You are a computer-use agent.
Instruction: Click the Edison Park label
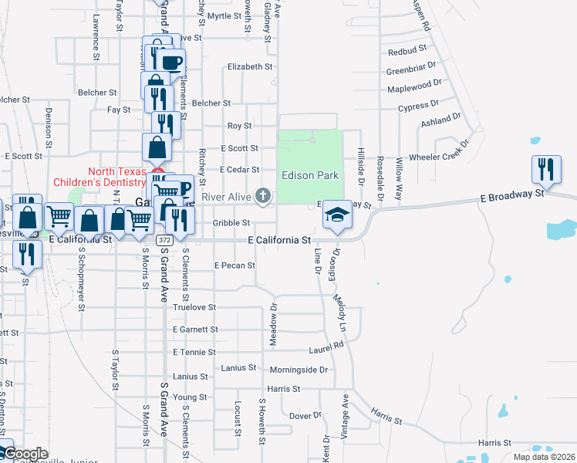(x=309, y=175)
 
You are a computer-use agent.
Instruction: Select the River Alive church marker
(x=263, y=196)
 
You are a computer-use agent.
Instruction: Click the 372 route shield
(x=164, y=240)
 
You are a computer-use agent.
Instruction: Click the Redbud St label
(x=407, y=52)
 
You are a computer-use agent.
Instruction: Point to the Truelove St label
(x=194, y=307)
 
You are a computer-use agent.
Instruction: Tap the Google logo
(x=25, y=454)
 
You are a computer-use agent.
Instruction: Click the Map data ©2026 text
(x=543, y=457)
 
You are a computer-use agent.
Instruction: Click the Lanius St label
(x=191, y=376)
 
